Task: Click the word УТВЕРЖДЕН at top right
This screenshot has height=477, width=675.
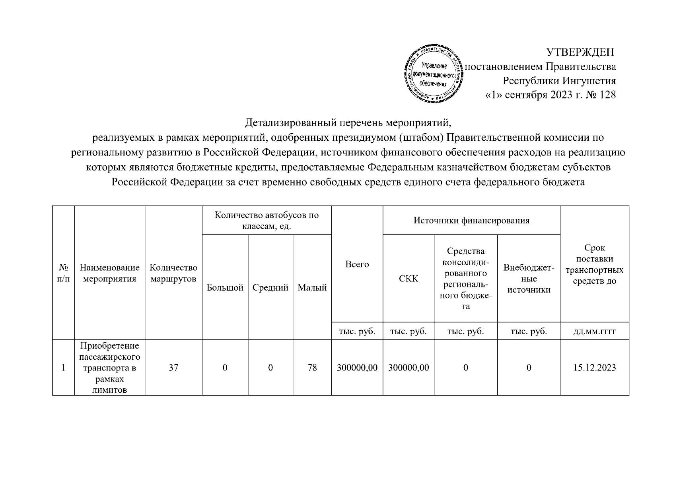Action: click(x=580, y=52)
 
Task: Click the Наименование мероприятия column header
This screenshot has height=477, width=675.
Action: click(x=109, y=273)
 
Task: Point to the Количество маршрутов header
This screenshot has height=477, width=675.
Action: click(x=173, y=273)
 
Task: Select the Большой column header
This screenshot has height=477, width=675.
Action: click(x=225, y=288)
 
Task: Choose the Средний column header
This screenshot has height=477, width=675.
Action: click(x=270, y=288)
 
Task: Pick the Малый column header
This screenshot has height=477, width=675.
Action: click(x=312, y=288)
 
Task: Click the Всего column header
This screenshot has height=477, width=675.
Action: click(x=357, y=264)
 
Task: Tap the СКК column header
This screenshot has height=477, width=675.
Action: click(x=409, y=279)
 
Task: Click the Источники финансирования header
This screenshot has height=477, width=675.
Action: click(x=471, y=221)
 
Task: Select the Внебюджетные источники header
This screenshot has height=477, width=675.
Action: click(x=529, y=279)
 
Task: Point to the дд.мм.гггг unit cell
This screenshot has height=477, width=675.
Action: click(x=594, y=332)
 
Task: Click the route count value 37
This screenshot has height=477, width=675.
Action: click(x=173, y=368)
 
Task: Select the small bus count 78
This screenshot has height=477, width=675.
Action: click(x=312, y=368)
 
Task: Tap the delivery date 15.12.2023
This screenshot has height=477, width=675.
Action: click(x=594, y=368)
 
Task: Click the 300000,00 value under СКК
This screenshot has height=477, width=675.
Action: click(x=409, y=368)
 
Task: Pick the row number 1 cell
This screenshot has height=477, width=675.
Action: click(x=63, y=368)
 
